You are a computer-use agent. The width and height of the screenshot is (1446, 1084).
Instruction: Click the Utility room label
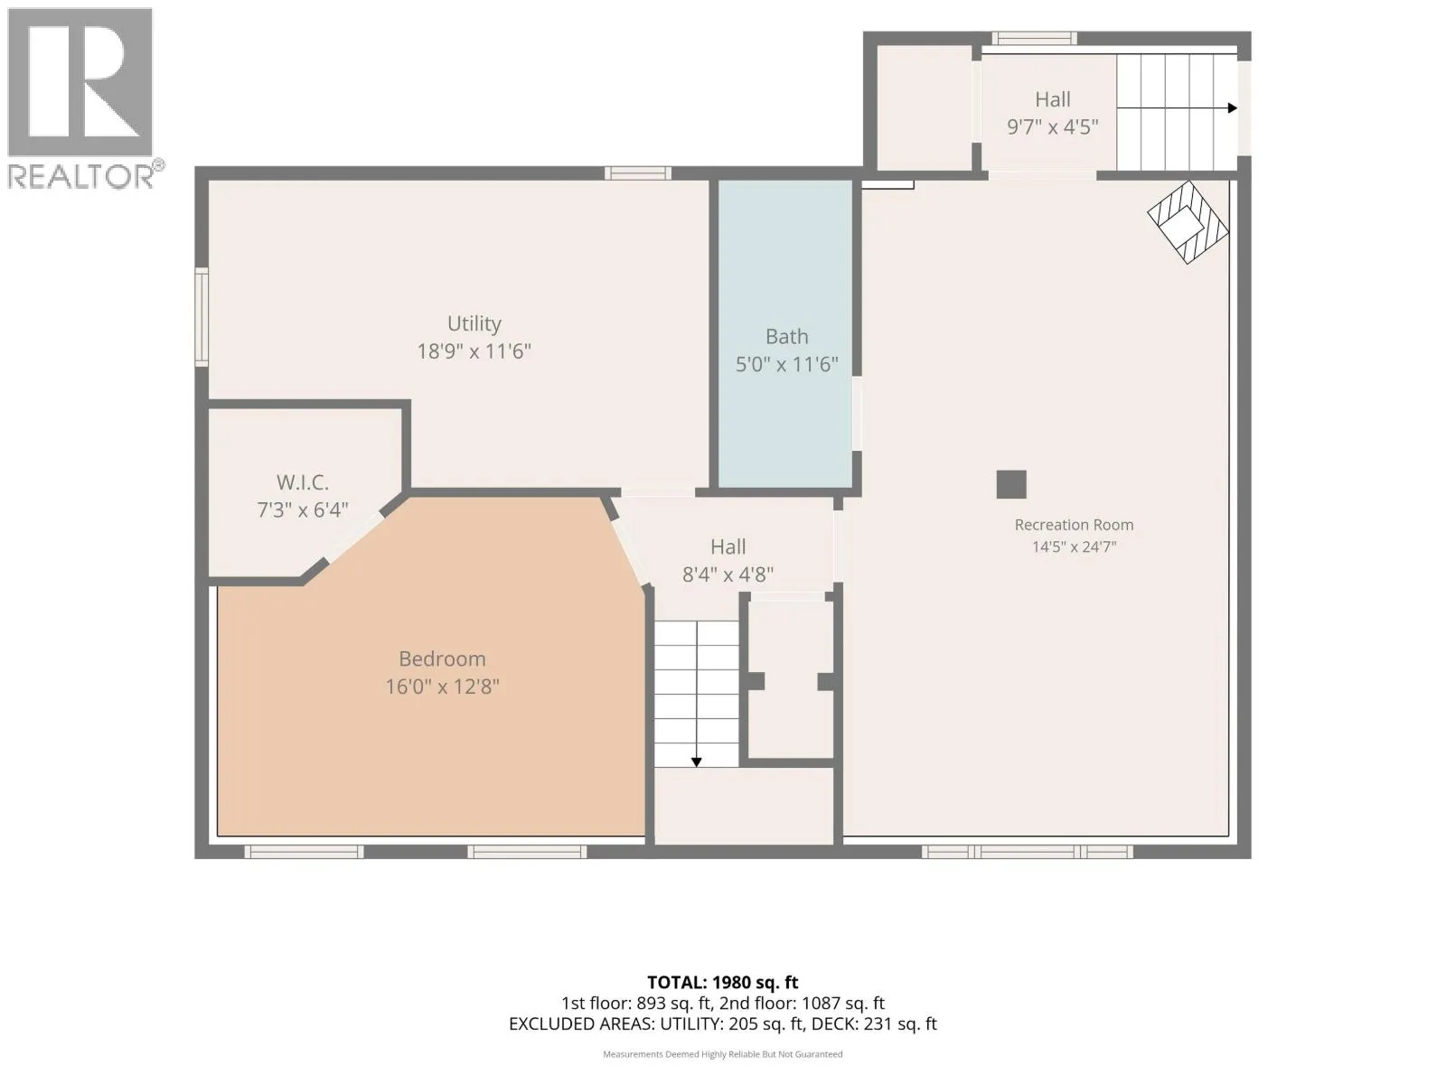(474, 323)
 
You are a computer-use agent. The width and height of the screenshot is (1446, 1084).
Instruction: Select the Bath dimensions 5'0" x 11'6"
(786, 364)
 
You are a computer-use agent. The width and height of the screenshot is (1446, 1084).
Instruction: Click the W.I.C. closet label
(303, 482)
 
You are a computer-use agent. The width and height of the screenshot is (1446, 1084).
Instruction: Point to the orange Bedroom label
(442, 659)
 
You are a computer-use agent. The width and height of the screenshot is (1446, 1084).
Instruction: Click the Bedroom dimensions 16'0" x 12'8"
(442, 687)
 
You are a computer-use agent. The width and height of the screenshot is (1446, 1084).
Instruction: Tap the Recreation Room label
(1074, 525)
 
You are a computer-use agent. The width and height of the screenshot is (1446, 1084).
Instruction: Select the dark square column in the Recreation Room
(1011, 484)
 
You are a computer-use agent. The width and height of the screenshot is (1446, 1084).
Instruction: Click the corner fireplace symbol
(1188, 222)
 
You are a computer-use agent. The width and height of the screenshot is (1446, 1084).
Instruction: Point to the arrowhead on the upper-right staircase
(1233, 107)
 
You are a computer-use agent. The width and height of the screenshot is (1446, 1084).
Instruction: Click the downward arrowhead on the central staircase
(696, 762)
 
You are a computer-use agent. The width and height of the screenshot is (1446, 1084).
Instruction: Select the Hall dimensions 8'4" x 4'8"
(728, 575)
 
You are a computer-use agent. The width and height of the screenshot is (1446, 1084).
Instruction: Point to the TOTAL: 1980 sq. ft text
(723, 983)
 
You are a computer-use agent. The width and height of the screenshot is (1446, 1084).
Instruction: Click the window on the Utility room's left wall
(202, 316)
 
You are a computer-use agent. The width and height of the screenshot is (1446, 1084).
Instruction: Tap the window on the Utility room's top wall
(638, 173)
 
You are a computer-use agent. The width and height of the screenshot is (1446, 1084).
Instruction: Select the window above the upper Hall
(1034, 38)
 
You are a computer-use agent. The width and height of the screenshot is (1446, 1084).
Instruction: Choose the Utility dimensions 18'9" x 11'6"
(474, 351)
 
